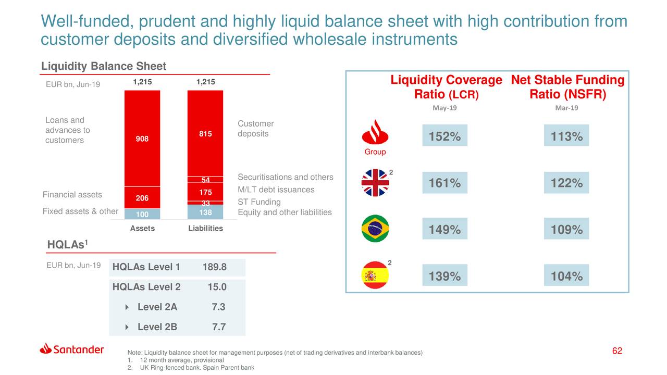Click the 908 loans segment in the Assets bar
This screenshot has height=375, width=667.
[x=142, y=139]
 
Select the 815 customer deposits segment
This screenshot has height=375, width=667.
[x=205, y=134]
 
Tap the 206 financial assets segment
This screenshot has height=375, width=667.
[x=142, y=198]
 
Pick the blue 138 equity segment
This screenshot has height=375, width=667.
[x=205, y=212]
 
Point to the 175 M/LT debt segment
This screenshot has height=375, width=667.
[x=205, y=192]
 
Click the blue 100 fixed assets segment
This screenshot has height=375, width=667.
[x=142, y=214]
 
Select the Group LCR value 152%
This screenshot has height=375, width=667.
[x=444, y=136]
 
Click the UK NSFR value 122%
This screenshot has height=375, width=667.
[x=566, y=183]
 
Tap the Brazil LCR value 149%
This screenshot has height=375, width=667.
[x=444, y=230]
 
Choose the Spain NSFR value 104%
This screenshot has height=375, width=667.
[x=566, y=277]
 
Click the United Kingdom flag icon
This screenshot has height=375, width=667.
[x=375, y=183]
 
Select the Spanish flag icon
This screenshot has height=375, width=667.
[x=375, y=276]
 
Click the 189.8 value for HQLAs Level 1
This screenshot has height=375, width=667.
[x=214, y=267]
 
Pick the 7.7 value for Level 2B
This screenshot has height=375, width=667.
[x=219, y=327]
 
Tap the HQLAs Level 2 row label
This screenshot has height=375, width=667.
[x=146, y=287]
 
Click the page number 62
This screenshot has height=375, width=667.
[x=617, y=351]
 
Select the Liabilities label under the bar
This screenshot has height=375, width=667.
[x=205, y=228]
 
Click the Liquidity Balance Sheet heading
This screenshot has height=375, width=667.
[x=104, y=66]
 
